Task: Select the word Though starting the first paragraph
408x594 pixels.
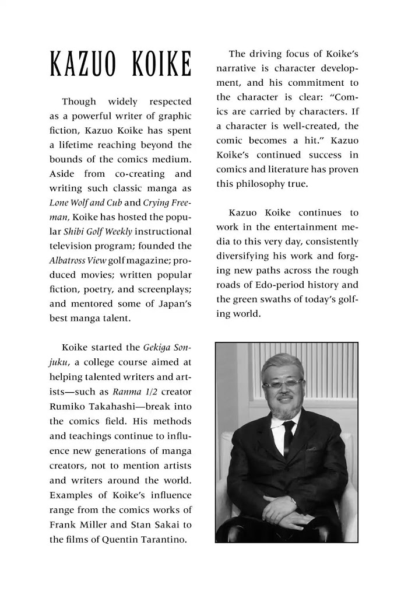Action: (x=79, y=102)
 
